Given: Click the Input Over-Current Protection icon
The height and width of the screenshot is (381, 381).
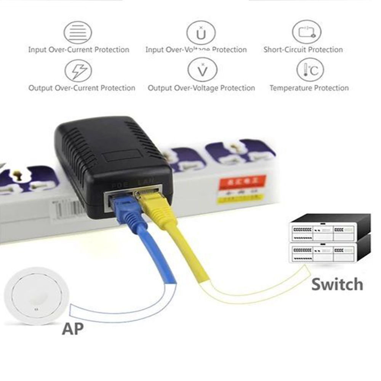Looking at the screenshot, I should pyautogui.click(x=78, y=32).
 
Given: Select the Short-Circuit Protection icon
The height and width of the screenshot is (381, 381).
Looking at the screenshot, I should pyautogui.click(x=306, y=32).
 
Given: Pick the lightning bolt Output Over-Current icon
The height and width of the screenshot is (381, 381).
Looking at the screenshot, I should pyautogui.click(x=78, y=71).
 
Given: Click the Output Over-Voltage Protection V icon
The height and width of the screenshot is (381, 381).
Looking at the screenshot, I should pyautogui.click(x=202, y=70).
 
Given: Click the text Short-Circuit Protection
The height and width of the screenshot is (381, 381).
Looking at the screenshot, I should pyautogui.click(x=303, y=50).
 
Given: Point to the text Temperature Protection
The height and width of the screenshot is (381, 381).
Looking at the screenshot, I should pyautogui.click(x=309, y=88).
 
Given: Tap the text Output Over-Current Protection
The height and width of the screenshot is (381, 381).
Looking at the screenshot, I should pyautogui.click(x=82, y=88).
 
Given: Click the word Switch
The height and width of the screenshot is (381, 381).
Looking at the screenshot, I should pyautogui.click(x=337, y=285).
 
